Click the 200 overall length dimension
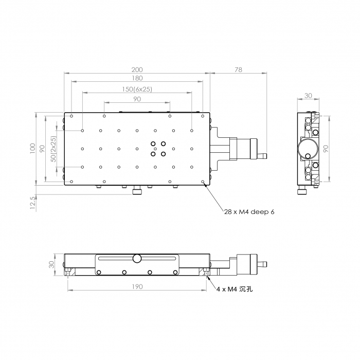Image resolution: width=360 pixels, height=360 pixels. coord(137,69)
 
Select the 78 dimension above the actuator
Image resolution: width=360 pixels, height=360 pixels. coord(239,69)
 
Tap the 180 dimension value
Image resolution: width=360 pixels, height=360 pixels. coord(137,78)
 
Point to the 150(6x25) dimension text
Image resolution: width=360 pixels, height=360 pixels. coord(137,89)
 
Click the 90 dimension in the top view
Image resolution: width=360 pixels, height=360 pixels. coord(137,99)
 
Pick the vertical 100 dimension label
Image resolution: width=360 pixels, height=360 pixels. coord(32,148)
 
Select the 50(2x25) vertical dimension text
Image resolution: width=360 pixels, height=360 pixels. coord(53,149)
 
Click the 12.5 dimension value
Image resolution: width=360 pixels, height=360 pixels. coord(33,203)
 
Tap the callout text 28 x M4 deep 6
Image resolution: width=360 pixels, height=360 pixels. coord(249,212)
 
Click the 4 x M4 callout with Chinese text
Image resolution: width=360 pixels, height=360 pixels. coord(235,289)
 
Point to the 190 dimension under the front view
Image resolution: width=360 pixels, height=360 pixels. coord(137,287)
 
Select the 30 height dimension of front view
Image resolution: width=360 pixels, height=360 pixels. coord(52,264)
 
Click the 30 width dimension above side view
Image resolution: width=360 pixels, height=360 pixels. coord(308,96)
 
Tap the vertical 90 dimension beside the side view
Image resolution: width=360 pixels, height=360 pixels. coord(326,149)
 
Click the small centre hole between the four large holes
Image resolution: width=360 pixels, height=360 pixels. coord(155,149)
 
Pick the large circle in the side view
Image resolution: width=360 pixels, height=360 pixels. coord(308,149)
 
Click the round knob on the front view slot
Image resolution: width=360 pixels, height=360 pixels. coord(137,258)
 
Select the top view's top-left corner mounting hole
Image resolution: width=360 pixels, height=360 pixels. coord(71,116)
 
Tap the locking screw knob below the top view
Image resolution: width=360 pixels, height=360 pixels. coord(137,191)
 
